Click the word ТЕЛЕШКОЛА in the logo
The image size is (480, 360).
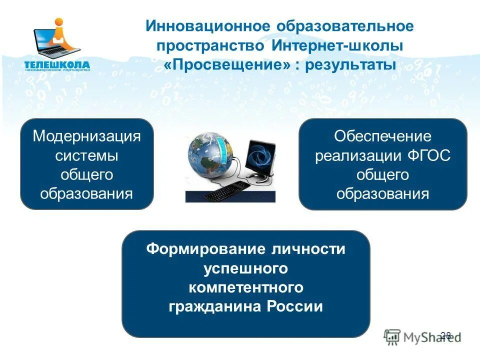57,64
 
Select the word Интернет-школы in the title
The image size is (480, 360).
337,45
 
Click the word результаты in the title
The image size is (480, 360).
350,65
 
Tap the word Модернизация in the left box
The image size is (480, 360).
86,136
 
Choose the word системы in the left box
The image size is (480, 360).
86,155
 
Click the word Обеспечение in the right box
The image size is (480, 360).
382,136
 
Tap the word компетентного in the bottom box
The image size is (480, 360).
246,287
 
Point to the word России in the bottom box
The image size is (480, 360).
297,306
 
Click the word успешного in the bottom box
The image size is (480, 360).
246,268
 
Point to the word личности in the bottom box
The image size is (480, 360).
308,249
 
